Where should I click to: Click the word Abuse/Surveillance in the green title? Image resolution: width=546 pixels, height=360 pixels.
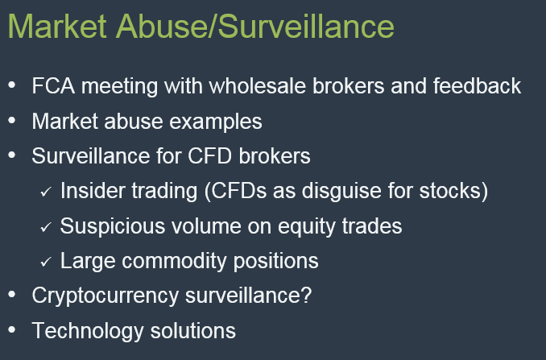click(x=255, y=27)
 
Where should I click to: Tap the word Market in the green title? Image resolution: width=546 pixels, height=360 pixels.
click(x=57, y=27)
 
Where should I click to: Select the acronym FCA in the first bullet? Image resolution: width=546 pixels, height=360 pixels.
click(x=53, y=86)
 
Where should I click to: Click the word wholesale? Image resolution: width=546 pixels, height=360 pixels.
click(x=258, y=86)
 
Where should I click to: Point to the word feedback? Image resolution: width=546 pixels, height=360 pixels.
click(x=477, y=86)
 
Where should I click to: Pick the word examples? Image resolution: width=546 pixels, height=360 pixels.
click(x=216, y=122)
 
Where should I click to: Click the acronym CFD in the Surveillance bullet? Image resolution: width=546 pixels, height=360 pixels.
click(x=209, y=156)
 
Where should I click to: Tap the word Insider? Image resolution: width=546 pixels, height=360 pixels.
click(x=93, y=191)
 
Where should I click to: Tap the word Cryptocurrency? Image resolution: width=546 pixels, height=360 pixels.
click(x=105, y=296)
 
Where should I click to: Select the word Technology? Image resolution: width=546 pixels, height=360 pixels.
click(x=88, y=331)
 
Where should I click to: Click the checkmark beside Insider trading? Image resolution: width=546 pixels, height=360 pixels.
click(x=46, y=192)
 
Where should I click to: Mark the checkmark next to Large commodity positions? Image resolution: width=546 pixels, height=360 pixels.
click(x=46, y=262)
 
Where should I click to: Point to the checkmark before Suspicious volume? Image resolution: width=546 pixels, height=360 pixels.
click(x=46, y=227)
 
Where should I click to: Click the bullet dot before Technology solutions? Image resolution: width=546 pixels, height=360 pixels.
click(x=12, y=329)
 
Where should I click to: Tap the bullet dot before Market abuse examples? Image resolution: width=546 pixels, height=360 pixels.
click(x=12, y=120)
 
